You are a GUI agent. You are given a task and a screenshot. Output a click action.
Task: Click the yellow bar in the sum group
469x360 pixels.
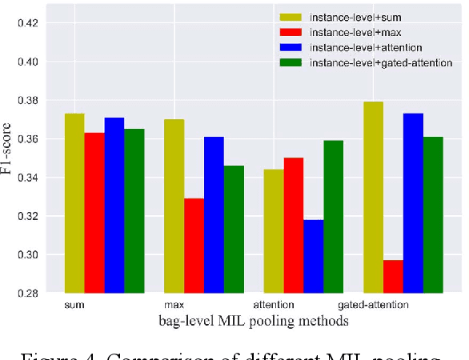pos(74,203)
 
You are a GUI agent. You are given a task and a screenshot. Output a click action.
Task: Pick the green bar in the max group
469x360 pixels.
pos(234,229)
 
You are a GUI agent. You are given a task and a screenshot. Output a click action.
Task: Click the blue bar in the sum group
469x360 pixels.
pos(114,205)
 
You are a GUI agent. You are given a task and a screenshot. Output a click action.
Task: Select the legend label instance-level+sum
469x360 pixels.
pos(350,17)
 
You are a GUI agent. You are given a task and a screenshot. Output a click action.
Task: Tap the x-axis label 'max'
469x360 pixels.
pos(174,306)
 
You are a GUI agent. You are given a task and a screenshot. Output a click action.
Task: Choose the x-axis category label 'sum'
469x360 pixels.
pos(74,306)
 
